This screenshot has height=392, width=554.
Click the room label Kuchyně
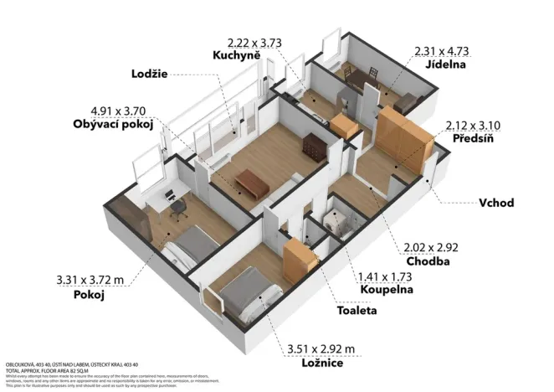(x=237, y=54)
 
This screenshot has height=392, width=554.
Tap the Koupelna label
(x=387, y=291)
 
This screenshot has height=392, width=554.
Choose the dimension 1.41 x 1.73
(x=387, y=276)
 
